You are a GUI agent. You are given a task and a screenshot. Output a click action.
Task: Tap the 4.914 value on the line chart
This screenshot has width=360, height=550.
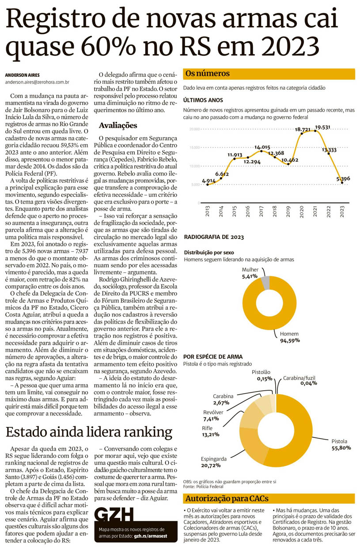(208, 181)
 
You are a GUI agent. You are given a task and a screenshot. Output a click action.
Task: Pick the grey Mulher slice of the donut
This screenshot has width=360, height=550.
(265, 283)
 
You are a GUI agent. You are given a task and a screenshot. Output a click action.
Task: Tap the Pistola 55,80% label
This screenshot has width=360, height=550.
(341, 445)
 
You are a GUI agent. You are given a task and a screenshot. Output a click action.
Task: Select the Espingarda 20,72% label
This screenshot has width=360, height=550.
(214, 461)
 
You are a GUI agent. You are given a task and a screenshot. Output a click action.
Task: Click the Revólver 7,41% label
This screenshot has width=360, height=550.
(213, 415)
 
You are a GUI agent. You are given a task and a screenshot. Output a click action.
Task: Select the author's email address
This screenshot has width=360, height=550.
(38, 82)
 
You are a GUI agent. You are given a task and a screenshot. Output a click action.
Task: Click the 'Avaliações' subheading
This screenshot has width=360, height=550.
(118, 125)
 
